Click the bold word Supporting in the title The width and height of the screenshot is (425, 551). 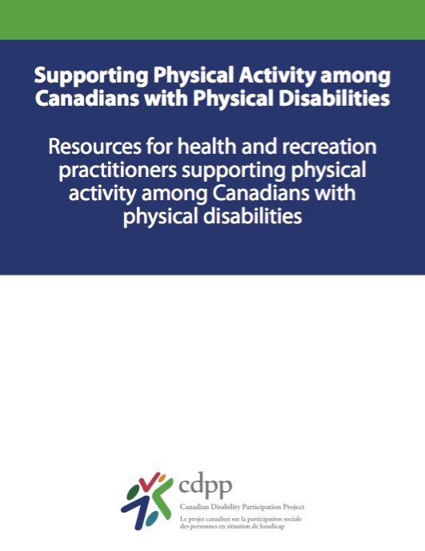(91, 76)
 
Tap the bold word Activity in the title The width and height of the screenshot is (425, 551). (278, 76)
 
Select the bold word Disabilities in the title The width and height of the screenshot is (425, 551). (334, 98)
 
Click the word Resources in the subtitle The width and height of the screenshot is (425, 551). (94, 147)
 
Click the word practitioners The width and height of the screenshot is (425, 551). (118, 171)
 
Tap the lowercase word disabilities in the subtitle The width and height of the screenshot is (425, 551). (253, 215)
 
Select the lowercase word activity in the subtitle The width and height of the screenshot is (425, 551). (102, 194)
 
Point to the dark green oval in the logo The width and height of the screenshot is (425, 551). (133, 491)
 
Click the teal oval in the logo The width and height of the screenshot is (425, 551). (152, 519)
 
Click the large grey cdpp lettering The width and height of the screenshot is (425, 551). (206, 485)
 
